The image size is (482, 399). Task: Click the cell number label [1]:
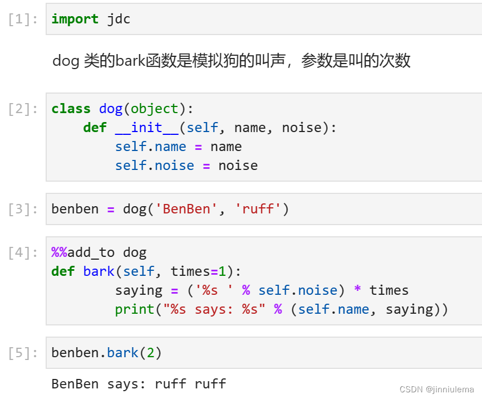(23, 19)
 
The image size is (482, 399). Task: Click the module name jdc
(119, 19)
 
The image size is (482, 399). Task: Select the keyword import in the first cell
(75, 19)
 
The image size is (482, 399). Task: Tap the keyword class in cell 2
(71, 109)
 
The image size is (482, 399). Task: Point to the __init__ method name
(146, 128)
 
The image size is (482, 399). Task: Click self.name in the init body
(150, 147)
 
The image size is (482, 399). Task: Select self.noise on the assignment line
(154, 166)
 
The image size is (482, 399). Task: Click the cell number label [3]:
(23, 210)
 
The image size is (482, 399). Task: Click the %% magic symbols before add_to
(59, 252)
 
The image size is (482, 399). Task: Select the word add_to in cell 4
(91, 252)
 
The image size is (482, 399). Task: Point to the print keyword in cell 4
(134, 309)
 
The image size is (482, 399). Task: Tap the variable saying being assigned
(139, 290)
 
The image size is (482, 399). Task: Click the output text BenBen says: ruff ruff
(139, 384)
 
